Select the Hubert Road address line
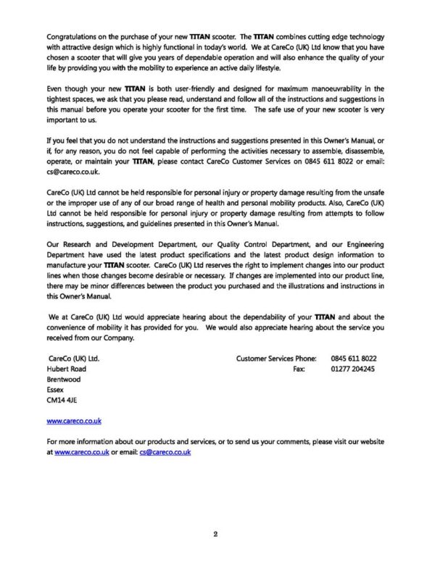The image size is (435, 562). (x=66, y=368)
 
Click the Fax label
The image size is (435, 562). (x=299, y=368)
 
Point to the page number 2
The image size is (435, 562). (x=216, y=535)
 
